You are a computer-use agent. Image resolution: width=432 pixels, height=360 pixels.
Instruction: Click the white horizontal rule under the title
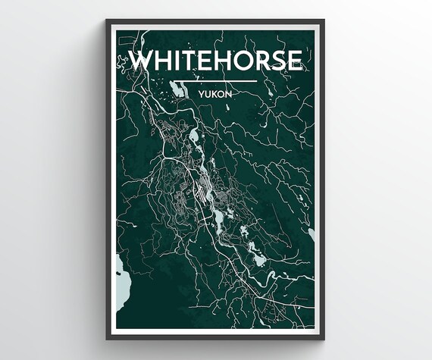(x=216, y=80)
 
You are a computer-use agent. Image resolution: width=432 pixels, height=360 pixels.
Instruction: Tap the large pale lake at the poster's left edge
(x=121, y=274)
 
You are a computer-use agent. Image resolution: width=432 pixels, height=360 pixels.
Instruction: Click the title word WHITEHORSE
(x=216, y=61)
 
